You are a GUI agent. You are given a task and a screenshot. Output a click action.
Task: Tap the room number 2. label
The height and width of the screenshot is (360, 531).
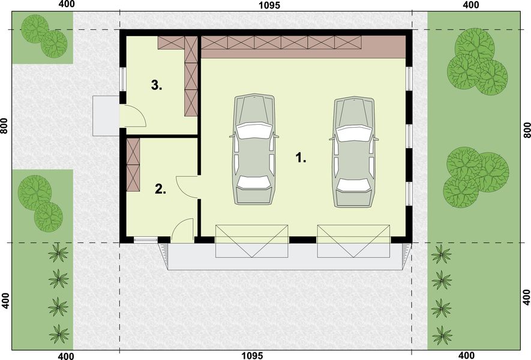[x=160, y=190]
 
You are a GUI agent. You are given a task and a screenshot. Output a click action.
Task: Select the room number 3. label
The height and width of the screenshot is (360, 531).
[x=157, y=85]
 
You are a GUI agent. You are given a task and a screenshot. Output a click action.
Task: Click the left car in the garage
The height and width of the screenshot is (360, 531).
[x=254, y=149]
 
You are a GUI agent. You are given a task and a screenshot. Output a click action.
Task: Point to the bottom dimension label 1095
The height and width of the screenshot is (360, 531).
[x=253, y=356]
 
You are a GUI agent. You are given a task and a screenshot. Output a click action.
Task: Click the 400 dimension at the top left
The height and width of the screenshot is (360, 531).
[x=67, y=5]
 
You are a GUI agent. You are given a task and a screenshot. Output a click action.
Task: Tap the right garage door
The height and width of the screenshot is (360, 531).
[x=353, y=241]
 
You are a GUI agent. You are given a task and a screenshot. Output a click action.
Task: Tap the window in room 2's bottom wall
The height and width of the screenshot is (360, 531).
[x=144, y=240]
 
